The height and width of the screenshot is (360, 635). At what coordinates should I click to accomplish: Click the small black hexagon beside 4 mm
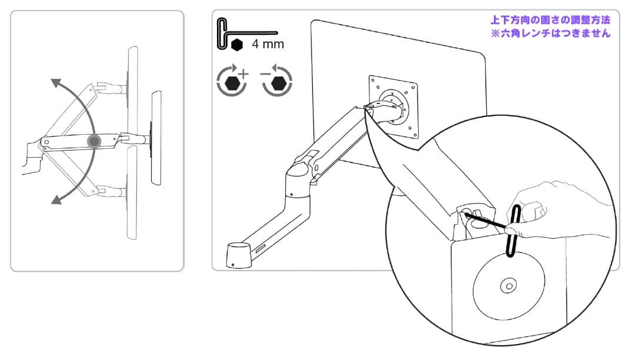237,45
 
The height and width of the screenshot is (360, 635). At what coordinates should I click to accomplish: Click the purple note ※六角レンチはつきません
550,34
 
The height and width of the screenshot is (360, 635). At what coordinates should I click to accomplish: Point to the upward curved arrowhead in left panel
54,84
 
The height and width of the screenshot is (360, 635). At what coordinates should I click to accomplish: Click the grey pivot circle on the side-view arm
93,141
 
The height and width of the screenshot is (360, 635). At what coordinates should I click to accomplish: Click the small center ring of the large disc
506,286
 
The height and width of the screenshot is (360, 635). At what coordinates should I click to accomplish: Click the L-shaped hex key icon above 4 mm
241,32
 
